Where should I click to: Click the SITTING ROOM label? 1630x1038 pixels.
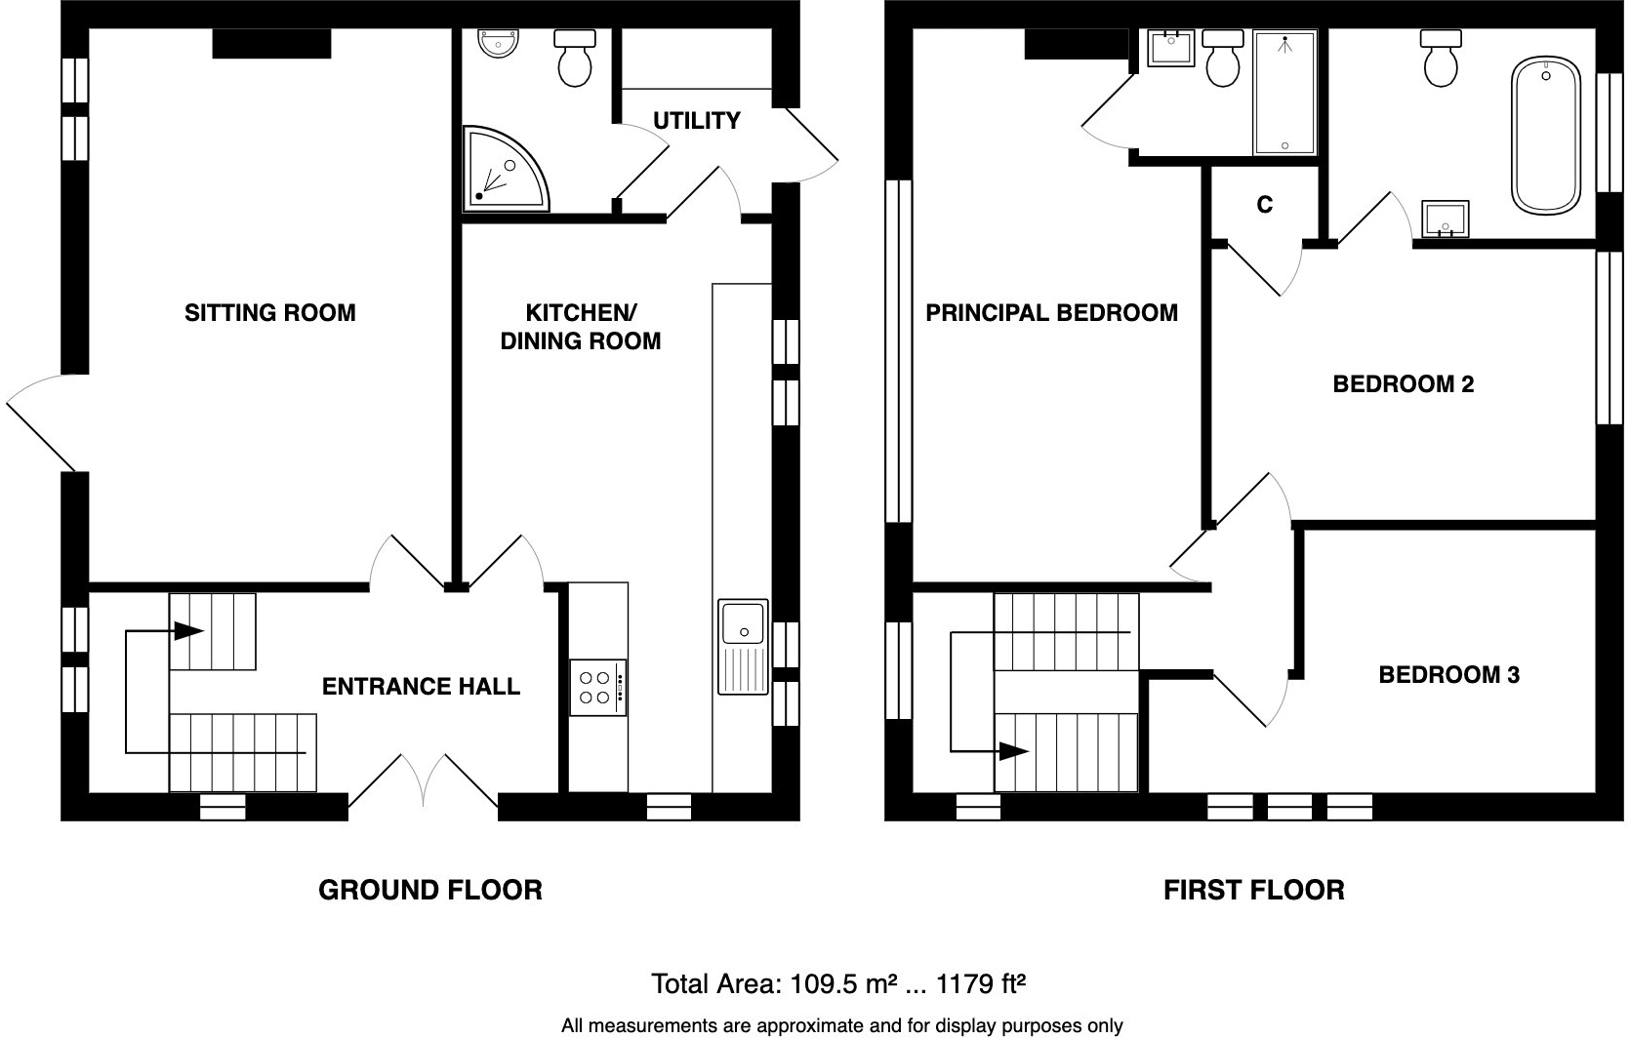[270, 313]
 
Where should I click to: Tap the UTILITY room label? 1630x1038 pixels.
[696, 121]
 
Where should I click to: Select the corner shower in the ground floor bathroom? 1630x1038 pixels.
[505, 169]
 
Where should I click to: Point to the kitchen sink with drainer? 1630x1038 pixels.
[743, 647]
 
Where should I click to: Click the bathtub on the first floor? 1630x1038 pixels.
[1546, 136]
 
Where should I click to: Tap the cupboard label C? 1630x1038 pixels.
[1265, 205]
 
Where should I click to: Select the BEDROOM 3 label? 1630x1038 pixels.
[1448, 675]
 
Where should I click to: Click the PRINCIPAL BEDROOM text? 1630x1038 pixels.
[1051, 313]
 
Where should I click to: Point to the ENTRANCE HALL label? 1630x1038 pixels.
[421, 687]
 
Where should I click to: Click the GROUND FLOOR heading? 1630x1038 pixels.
[430, 891]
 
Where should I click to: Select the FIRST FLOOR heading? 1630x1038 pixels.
[1254, 891]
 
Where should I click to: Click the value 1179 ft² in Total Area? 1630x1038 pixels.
[980, 984]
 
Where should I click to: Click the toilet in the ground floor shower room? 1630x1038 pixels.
[575, 58]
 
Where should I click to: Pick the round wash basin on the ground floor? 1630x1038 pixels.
[499, 43]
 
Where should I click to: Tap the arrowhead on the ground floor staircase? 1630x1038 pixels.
[187, 630]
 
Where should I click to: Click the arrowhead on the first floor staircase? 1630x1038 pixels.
[1014, 750]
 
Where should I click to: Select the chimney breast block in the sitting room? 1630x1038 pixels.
[272, 43]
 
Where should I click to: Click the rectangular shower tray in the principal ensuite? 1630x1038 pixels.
[1285, 93]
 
